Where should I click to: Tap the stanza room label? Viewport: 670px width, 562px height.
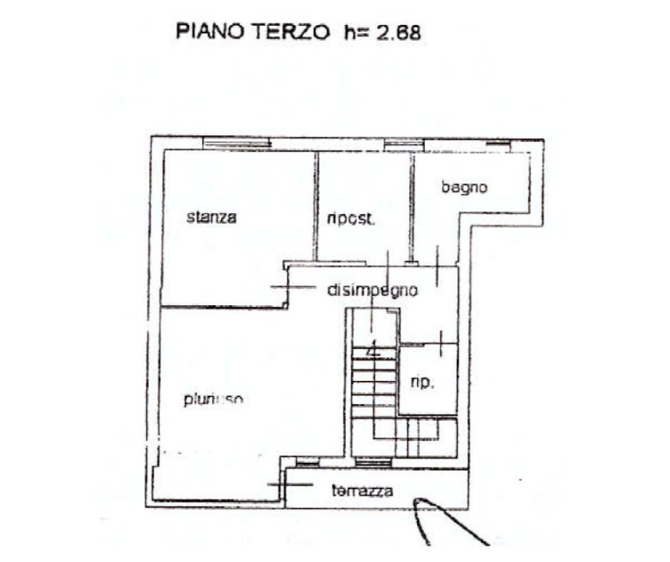point(211,218)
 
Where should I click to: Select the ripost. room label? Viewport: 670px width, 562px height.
point(351,219)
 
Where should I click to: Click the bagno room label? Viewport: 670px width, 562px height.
point(464,187)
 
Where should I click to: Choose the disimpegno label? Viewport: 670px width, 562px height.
point(372,290)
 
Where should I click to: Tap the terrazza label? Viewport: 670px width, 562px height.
point(362,492)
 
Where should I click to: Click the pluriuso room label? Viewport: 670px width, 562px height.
point(214,400)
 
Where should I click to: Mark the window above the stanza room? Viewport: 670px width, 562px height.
point(237,143)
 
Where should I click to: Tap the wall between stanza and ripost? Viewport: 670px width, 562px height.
point(316,205)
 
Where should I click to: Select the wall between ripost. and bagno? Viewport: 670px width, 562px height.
point(412,205)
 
